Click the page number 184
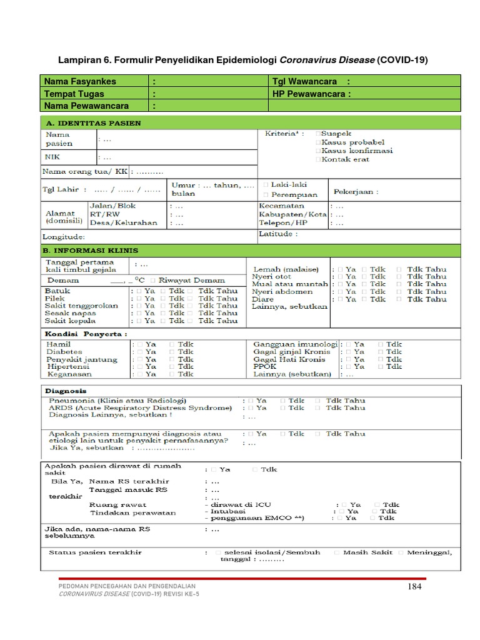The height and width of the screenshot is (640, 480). (414, 586)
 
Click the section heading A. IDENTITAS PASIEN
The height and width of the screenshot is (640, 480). (91, 123)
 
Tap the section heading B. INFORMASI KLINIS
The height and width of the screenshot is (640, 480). (90, 250)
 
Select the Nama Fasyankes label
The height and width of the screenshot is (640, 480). (80, 81)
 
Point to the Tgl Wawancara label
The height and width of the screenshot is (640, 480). (304, 81)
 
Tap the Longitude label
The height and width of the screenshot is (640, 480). (63, 237)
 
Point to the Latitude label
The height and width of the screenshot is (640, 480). (278, 234)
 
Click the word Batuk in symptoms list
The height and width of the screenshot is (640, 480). (57, 291)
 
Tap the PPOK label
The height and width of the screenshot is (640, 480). (264, 367)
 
